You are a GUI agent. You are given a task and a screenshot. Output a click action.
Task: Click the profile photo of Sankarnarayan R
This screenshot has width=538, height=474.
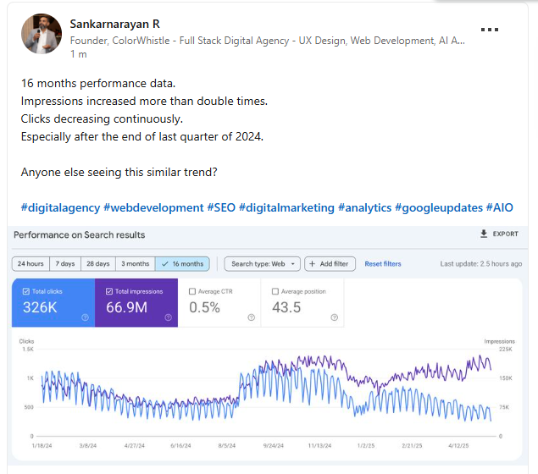(42, 34)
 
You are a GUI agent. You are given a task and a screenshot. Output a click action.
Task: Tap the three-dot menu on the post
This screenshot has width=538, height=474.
(489, 30)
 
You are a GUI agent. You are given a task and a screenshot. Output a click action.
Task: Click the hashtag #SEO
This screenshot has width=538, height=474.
(221, 207)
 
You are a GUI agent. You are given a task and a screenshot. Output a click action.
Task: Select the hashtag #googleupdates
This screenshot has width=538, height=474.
(439, 207)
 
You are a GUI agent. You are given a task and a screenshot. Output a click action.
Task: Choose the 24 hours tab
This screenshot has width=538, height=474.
(31, 264)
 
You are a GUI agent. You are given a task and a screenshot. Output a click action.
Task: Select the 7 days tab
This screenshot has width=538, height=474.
(65, 264)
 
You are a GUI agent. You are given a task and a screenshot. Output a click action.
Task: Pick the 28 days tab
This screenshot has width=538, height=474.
(98, 264)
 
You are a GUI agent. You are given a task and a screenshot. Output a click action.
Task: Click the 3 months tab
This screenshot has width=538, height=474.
(136, 264)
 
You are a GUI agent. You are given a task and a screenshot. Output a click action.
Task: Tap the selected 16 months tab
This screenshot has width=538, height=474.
(182, 264)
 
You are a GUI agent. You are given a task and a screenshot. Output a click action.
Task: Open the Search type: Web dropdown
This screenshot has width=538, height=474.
(263, 264)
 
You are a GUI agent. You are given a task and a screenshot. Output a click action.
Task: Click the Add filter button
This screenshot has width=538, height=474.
(330, 264)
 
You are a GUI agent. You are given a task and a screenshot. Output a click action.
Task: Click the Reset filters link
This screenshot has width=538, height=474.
(383, 264)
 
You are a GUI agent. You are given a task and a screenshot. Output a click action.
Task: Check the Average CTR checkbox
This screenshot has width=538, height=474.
(192, 291)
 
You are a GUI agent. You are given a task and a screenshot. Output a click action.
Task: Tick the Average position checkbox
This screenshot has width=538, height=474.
(275, 291)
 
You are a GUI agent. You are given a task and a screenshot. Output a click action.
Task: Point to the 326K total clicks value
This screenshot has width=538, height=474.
(40, 307)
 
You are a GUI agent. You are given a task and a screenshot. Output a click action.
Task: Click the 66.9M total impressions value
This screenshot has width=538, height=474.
(126, 307)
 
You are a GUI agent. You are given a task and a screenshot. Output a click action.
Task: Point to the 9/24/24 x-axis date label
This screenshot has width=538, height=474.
(274, 445)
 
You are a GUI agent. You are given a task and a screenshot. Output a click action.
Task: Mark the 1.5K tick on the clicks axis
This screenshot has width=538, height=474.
(28, 350)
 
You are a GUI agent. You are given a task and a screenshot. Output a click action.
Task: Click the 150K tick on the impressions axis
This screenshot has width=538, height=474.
(506, 378)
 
